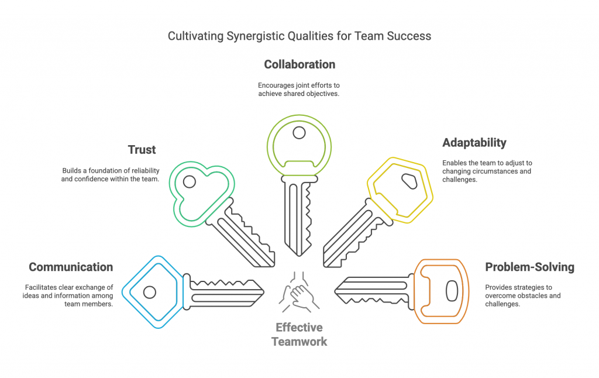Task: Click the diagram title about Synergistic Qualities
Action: coord(299,36)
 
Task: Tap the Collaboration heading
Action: coord(299,64)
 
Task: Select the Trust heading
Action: coord(142,150)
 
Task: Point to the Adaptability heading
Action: coord(474,143)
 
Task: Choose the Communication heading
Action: coord(71,267)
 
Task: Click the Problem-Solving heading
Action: coord(530,267)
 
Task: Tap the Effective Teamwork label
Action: coord(299,334)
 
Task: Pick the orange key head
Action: coord(442,291)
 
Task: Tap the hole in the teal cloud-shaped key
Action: coord(190,181)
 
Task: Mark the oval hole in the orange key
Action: coord(452,291)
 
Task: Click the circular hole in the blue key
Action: coord(150,291)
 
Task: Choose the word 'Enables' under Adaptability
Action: coord(455,163)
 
